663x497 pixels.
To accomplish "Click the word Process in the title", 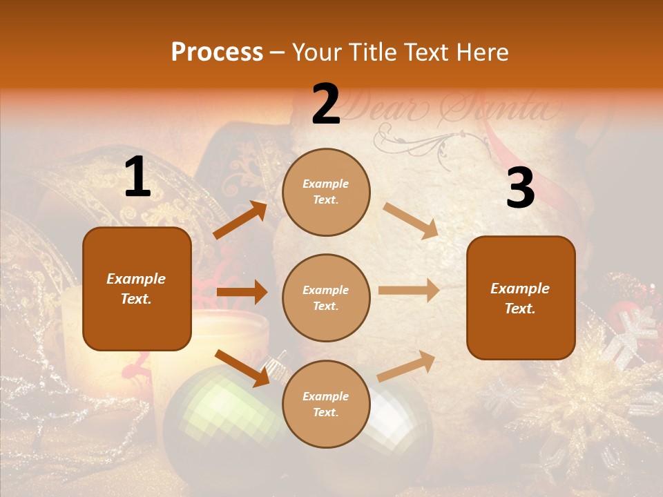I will pos(217,52).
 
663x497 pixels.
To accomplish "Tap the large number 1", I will pos(137,178).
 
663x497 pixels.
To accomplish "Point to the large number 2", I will pos(326,104).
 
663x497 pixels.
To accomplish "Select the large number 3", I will pos(520,188).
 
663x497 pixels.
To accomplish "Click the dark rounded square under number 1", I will pos(137,289).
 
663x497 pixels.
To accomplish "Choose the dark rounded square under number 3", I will pos(521,298).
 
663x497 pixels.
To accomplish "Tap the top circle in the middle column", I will pos(326,192).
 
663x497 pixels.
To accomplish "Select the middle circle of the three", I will pos(326,298).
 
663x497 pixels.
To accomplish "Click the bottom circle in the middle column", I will pos(326,404).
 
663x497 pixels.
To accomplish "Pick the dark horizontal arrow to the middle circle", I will pos(242,292).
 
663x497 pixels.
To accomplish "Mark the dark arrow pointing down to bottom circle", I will pos(242,367).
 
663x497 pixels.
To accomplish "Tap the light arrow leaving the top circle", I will pos(410,220).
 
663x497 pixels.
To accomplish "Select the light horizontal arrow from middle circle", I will pos(409,291).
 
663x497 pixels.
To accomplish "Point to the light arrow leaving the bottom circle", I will pos(407,365).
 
